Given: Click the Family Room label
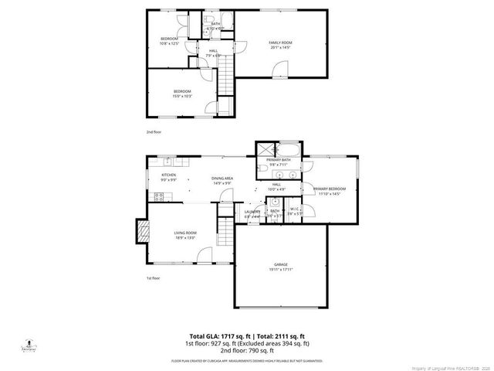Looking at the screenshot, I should point(280,44).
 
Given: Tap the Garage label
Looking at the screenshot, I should point(280,265).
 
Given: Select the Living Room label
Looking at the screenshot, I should point(185,235).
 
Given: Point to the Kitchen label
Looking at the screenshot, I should point(168,177).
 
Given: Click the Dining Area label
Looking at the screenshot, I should point(222,181).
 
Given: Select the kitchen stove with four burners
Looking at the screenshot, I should point(168,162).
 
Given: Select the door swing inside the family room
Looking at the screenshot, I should point(279,71).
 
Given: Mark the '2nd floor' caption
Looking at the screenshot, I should point(154,132).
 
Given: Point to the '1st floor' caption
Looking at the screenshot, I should point(153,277).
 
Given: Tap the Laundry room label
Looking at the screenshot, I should point(252,214).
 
